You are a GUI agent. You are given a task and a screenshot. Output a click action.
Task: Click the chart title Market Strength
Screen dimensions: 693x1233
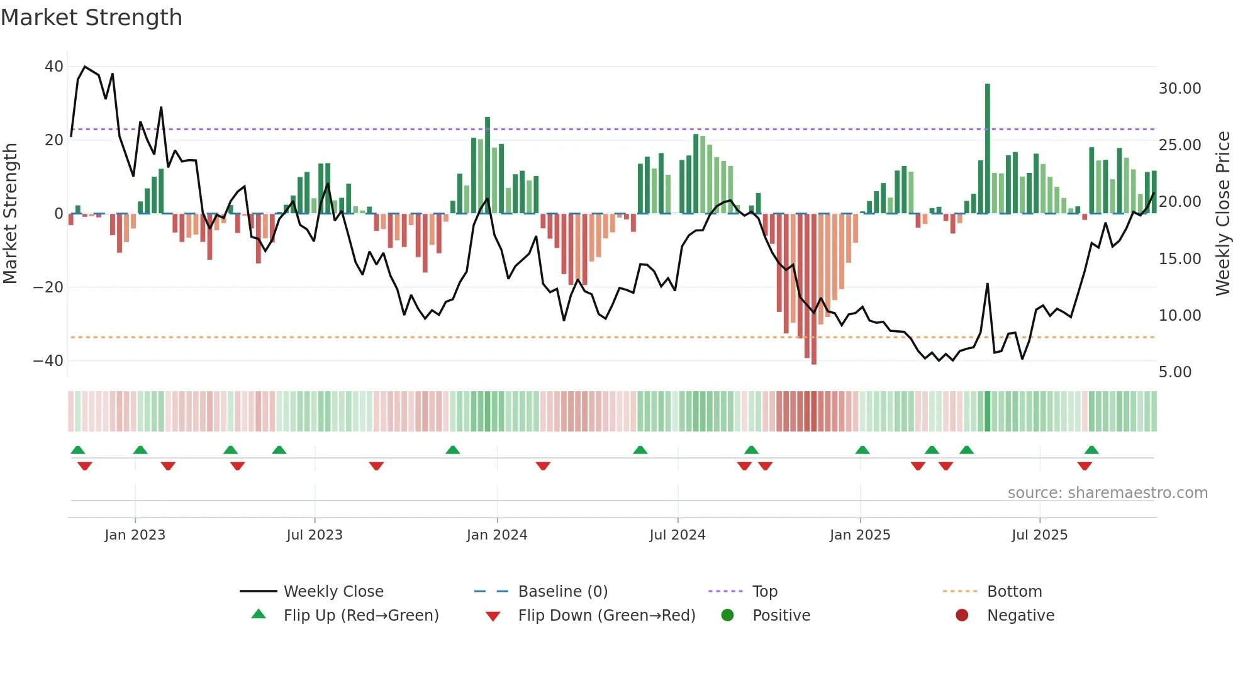91,18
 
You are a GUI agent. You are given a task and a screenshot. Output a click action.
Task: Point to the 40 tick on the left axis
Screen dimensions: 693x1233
54,67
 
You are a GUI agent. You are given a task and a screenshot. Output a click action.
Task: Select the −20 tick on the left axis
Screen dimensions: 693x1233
48,287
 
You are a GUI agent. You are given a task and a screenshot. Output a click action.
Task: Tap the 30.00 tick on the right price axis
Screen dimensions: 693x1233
1180,89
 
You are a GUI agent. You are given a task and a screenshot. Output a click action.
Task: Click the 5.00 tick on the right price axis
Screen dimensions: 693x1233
1175,372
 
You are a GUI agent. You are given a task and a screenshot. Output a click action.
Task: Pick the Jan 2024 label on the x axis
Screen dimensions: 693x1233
496,535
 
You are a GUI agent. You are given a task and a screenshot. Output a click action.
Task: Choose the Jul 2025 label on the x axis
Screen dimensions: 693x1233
1039,535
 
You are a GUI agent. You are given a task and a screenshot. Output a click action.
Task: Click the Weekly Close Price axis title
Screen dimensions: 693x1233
1222,214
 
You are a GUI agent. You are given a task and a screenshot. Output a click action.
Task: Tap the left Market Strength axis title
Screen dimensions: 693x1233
10,214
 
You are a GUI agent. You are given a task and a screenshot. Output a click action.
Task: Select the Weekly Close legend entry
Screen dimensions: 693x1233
333,592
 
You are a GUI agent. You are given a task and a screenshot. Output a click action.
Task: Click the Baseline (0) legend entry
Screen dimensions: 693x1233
562,592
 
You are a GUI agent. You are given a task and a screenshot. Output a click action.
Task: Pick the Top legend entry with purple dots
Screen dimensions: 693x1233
764,592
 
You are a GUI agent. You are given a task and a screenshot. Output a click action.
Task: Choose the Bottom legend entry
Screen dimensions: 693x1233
1014,592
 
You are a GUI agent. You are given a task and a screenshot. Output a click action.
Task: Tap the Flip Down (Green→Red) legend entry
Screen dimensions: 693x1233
606,616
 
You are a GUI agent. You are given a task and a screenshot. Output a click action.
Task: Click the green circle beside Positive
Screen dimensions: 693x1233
727,616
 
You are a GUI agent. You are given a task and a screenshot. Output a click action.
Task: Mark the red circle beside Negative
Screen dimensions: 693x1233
962,616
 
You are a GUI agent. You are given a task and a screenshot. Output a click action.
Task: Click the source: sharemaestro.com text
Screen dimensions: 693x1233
1107,493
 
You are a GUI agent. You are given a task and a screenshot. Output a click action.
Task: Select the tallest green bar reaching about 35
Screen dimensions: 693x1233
988,148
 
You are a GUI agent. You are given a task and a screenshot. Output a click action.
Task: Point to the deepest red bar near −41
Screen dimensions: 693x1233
814,289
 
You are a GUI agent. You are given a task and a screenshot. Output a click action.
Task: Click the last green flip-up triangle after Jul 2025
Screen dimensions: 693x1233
1091,450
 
